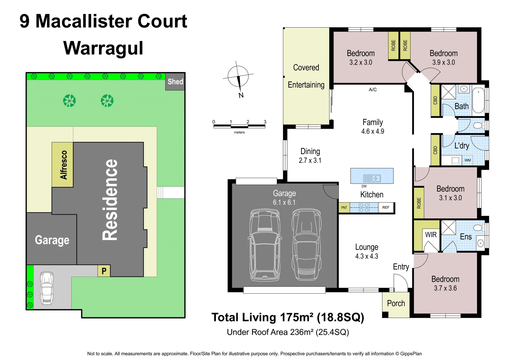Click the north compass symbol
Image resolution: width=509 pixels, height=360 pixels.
click(238, 77)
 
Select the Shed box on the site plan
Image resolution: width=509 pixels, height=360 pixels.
click(175, 82)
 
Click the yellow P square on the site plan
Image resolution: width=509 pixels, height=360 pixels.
click(104, 271)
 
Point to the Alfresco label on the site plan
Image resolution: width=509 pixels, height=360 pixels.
click(63, 165)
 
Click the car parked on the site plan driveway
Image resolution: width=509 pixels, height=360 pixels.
click(47, 288)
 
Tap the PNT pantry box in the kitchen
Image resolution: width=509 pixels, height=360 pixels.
click(344, 208)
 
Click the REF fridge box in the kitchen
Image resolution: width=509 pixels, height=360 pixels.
click(386, 208)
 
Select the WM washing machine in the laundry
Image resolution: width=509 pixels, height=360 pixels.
click(468, 160)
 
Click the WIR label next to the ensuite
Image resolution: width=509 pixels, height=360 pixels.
click(430, 235)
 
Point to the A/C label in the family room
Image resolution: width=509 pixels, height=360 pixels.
click(373, 90)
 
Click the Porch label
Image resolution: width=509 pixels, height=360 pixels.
click(396, 303)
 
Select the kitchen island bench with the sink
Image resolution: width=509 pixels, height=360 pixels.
click(372, 176)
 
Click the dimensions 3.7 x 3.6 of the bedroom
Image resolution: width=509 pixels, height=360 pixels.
click(445, 288)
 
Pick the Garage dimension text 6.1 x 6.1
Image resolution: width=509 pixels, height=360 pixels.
click(284, 202)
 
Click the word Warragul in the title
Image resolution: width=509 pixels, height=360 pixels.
click(103, 48)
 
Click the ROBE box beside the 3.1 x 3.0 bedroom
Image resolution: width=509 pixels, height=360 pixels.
click(419, 203)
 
